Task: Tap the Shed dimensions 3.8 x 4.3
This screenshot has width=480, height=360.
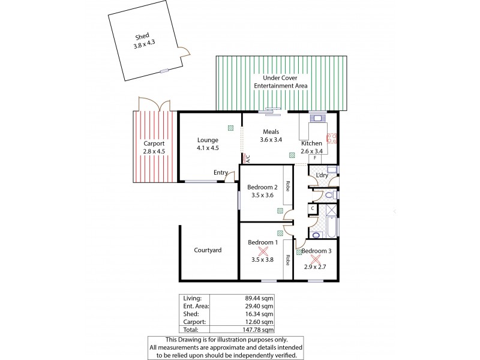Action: (x=143, y=44)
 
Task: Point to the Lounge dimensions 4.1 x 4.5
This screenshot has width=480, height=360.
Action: (x=208, y=148)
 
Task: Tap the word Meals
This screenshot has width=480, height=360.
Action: (x=271, y=132)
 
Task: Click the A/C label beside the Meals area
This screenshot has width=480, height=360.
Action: (x=247, y=158)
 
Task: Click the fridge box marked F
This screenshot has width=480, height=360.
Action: (x=314, y=158)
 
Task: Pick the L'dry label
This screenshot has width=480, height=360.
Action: (x=322, y=175)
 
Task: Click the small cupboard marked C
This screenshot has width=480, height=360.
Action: (x=313, y=208)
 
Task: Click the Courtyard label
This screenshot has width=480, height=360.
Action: (x=208, y=250)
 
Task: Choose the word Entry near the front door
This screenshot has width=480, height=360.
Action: (x=221, y=173)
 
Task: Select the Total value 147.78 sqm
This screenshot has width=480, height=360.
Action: (x=261, y=329)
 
